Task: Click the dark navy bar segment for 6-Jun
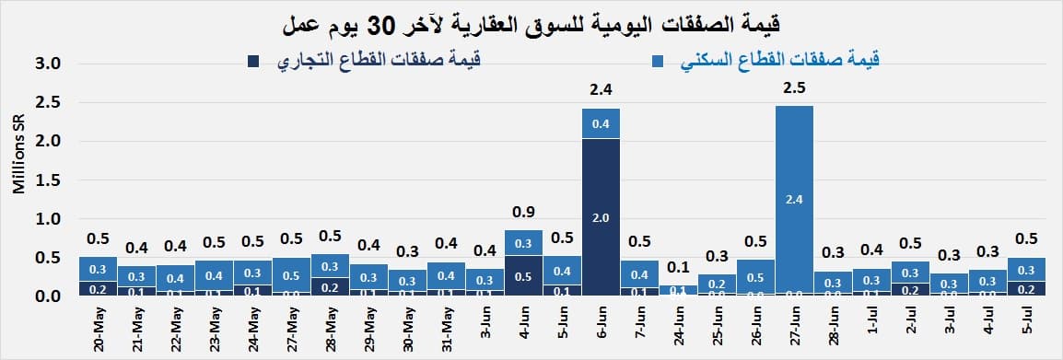tap(601, 217)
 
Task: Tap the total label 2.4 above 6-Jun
tap(601, 89)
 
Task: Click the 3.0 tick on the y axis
tap(48, 64)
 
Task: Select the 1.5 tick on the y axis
tap(48, 180)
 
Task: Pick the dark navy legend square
tap(251, 62)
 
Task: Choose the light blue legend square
tap(659, 62)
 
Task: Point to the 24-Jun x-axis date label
tap(678, 329)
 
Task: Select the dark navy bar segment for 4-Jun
tap(523, 275)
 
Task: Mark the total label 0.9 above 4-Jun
tap(523, 212)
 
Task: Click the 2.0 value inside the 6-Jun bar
tap(601, 217)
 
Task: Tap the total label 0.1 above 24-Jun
tap(678, 267)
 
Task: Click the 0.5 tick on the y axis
tap(48, 258)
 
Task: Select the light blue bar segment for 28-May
tap(330, 265)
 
